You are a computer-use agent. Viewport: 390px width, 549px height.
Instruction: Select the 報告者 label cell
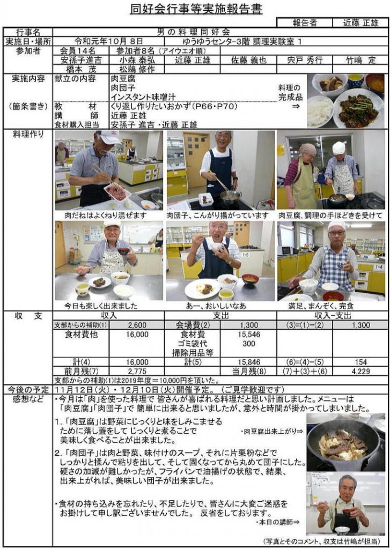point(305,23)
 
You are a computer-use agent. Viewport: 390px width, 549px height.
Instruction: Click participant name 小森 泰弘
point(137,60)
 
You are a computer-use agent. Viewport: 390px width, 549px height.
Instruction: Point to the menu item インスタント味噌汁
point(143,97)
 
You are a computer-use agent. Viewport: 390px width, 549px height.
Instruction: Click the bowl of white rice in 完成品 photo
point(320,111)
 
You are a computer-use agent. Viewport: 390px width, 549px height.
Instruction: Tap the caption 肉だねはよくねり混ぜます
point(105,215)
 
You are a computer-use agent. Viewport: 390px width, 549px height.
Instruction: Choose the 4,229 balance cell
point(360,372)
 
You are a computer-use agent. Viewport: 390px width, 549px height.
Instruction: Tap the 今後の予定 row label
point(28,389)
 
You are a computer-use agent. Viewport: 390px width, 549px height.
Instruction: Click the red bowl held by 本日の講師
point(347,513)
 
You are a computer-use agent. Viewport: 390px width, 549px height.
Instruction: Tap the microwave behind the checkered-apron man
point(286,251)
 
